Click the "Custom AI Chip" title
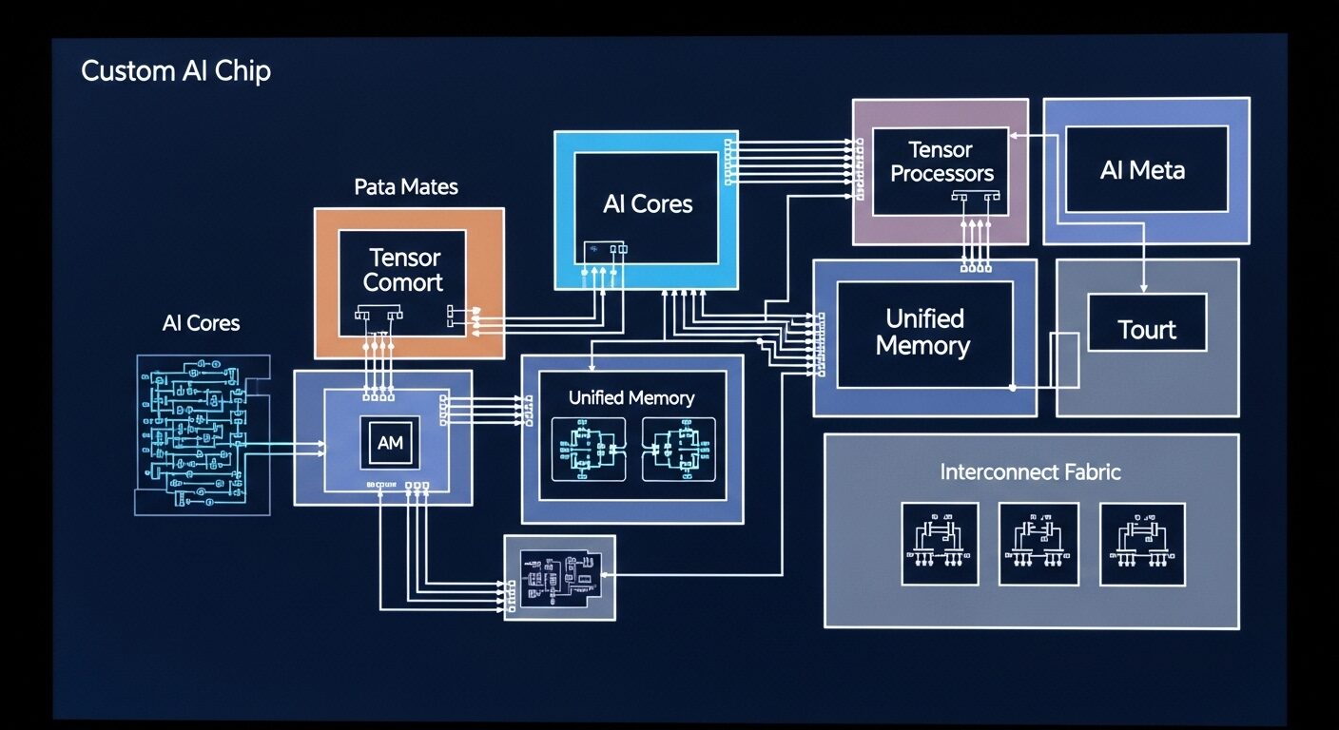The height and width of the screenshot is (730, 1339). (x=176, y=71)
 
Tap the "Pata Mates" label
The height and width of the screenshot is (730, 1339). (x=406, y=186)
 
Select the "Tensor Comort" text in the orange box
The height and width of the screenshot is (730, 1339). (x=403, y=269)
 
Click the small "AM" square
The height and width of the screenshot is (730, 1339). (x=390, y=443)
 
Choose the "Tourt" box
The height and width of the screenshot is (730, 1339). (x=1147, y=329)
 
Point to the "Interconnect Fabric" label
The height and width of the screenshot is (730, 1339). (x=1030, y=471)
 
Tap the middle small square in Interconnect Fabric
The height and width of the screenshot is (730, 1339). (x=1038, y=544)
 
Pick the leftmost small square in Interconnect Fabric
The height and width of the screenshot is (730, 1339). (x=940, y=544)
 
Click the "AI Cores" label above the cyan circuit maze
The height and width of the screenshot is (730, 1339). (x=201, y=323)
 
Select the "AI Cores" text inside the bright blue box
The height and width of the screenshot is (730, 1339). (x=648, y=203)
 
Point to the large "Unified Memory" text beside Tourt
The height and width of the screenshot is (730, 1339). (x=922, y=332)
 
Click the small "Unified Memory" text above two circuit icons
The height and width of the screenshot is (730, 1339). (x=631, y=397)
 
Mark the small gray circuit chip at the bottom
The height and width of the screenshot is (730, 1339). (x=559, y=577)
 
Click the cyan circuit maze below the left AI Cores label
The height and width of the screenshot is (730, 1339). (x=196, y=434)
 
